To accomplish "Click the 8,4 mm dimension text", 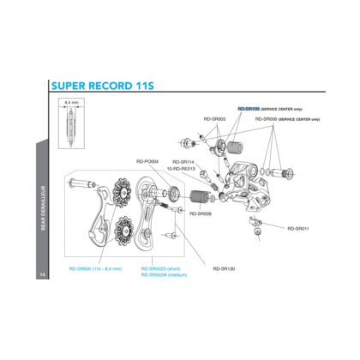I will click(x=71, y=102).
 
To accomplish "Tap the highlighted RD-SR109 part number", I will click(x=249, y=110).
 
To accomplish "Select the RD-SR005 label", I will click(x=214, y=119).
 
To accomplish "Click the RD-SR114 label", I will click(x=183, y=161).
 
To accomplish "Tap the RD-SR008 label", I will click(x=201, y=214).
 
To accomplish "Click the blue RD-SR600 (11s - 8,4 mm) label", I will click(x=95, y=268).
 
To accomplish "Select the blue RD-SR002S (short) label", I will click(x=159, y=268).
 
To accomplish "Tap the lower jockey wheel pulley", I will click(x=121, y=228).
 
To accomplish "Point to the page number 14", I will click(x=41, y=274).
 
